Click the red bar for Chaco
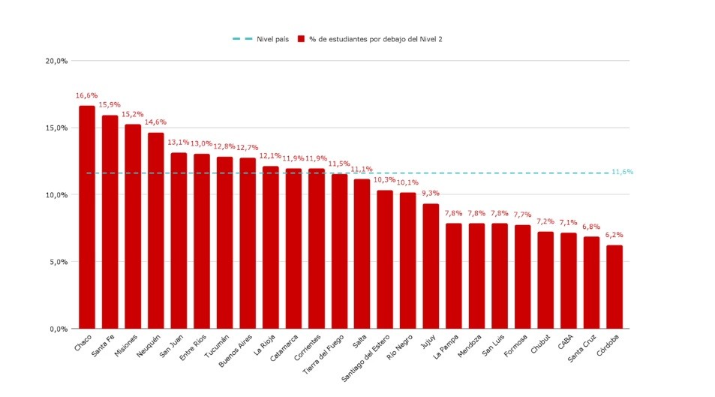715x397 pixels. click(87, 218)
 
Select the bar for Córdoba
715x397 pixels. click(614, 287)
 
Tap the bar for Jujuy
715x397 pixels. click(431, 266)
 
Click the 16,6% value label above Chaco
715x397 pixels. click(86, 96)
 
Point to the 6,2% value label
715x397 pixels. click(614, 235)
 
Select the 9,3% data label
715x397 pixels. click(431, 194)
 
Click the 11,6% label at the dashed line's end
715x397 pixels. click(622, 172)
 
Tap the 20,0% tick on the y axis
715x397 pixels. click(57, 61)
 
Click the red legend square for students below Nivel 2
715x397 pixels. click(301, 38)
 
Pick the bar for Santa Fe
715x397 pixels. click(110, 222)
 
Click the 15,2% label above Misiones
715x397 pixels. click(132, 115)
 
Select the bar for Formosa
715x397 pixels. click(522, 277)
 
